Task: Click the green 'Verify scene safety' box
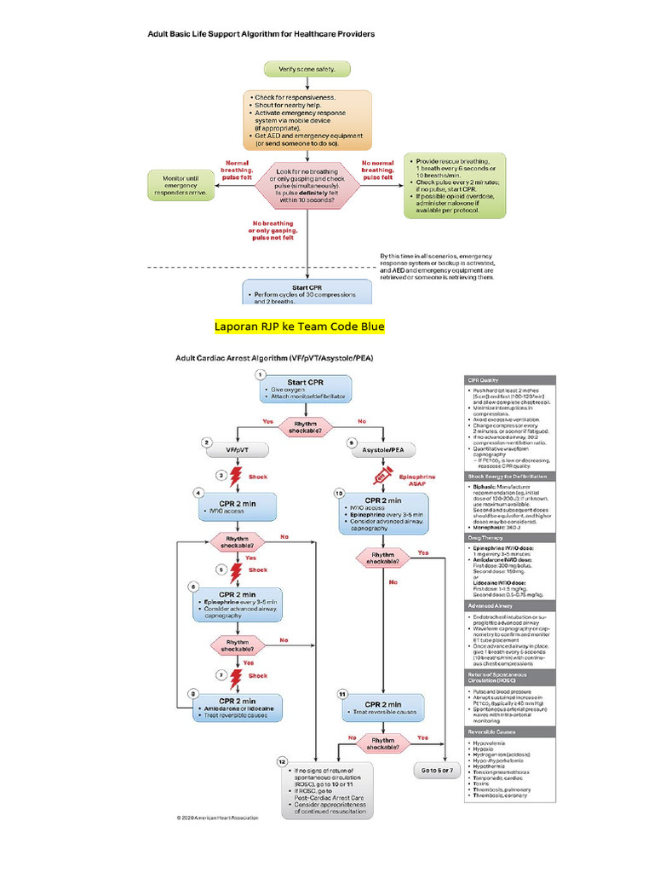point(307,68)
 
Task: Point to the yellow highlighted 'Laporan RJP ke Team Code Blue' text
point(299,327)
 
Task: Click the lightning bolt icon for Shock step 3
point(231,478)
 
